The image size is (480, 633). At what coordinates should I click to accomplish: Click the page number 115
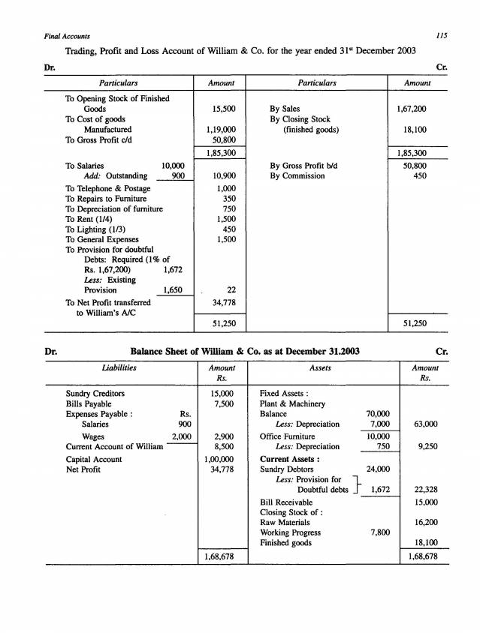442,35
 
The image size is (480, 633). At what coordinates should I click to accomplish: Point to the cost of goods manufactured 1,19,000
221,129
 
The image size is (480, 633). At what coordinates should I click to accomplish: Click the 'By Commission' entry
297,175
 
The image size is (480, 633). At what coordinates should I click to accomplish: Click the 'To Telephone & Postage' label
108,188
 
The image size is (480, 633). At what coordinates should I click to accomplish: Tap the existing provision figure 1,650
173,289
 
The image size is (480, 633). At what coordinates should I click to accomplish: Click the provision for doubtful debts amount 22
231,289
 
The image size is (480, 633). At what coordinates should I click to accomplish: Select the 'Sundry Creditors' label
95,393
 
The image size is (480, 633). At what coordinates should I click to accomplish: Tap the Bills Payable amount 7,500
225,403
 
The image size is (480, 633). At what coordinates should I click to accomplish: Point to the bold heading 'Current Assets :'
289,459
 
